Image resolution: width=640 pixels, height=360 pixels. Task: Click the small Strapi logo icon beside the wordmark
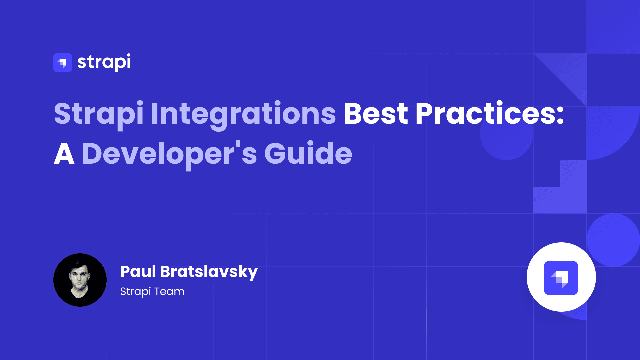click(63, 63)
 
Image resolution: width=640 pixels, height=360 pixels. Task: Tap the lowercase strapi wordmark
click(104, 62)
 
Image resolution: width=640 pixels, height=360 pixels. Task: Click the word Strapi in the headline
click(99, 114)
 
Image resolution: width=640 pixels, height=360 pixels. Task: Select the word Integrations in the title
click(243, 114)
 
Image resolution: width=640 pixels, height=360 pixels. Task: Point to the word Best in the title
click(376, 114)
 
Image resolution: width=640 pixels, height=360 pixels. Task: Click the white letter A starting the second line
click(64, 154)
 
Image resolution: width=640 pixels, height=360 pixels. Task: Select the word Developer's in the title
click(169, 154)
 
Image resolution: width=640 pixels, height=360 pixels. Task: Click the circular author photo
click(80, 280)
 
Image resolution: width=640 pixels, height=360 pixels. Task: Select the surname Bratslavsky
click(209, 272)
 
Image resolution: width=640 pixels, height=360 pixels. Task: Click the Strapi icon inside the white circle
click(561, 278)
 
